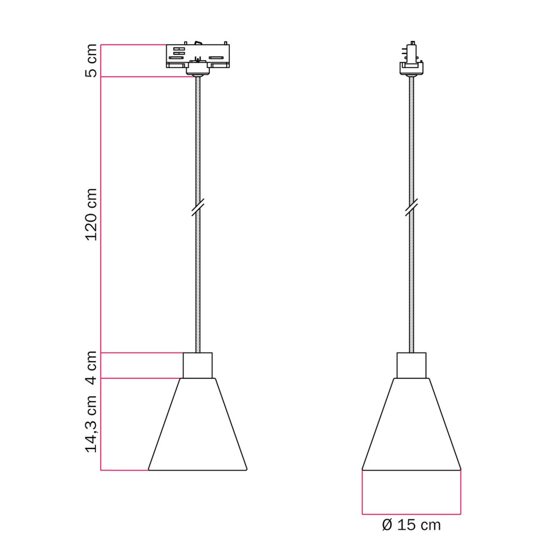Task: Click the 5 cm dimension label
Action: [x=92, y=60]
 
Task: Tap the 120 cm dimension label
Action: [x=92, y=215]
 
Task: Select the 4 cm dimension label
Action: [x=92, y=368]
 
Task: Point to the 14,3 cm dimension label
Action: [x=92, y=423]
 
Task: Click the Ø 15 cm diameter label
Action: [x=411, y=525]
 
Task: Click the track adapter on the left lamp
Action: [x=198, y=57]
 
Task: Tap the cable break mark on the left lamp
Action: [x=198, y=208]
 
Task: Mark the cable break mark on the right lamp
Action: [x=411, y=208]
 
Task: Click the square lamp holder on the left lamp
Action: [x=198, y=366]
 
